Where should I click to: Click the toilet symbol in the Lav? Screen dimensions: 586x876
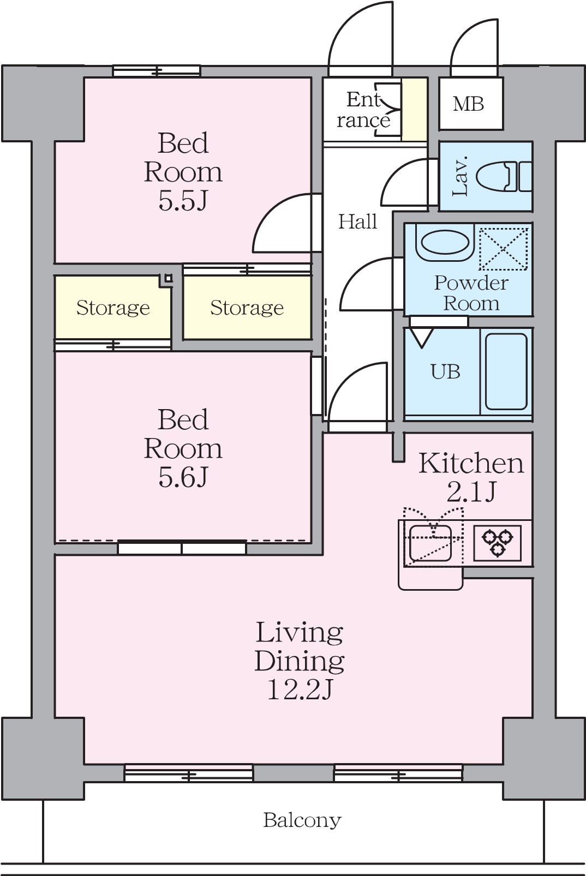click(x=504, y=176)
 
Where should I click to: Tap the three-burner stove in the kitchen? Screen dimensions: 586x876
click(x=497, y=543)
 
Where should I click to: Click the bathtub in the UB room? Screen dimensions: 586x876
click(x=506, y=371)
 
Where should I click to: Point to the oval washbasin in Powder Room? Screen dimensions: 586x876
click(x=445, y=244)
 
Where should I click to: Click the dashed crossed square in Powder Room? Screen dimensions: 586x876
click(x=504, y=249)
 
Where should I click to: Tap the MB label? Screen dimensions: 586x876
click(x=468, y=104)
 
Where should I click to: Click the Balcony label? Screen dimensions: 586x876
click(x=302, y=820)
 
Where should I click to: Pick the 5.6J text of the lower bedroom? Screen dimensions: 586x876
click(x=182, y=477)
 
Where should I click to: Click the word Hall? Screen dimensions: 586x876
click(x=357, y=222)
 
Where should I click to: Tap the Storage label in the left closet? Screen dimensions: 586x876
click(x=113, y=308)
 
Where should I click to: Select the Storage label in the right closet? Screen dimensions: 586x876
click(x=247, y=308)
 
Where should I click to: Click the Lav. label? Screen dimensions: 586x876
click(x=461, y=176)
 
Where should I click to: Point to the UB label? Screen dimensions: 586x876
click(x=445, y=371)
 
